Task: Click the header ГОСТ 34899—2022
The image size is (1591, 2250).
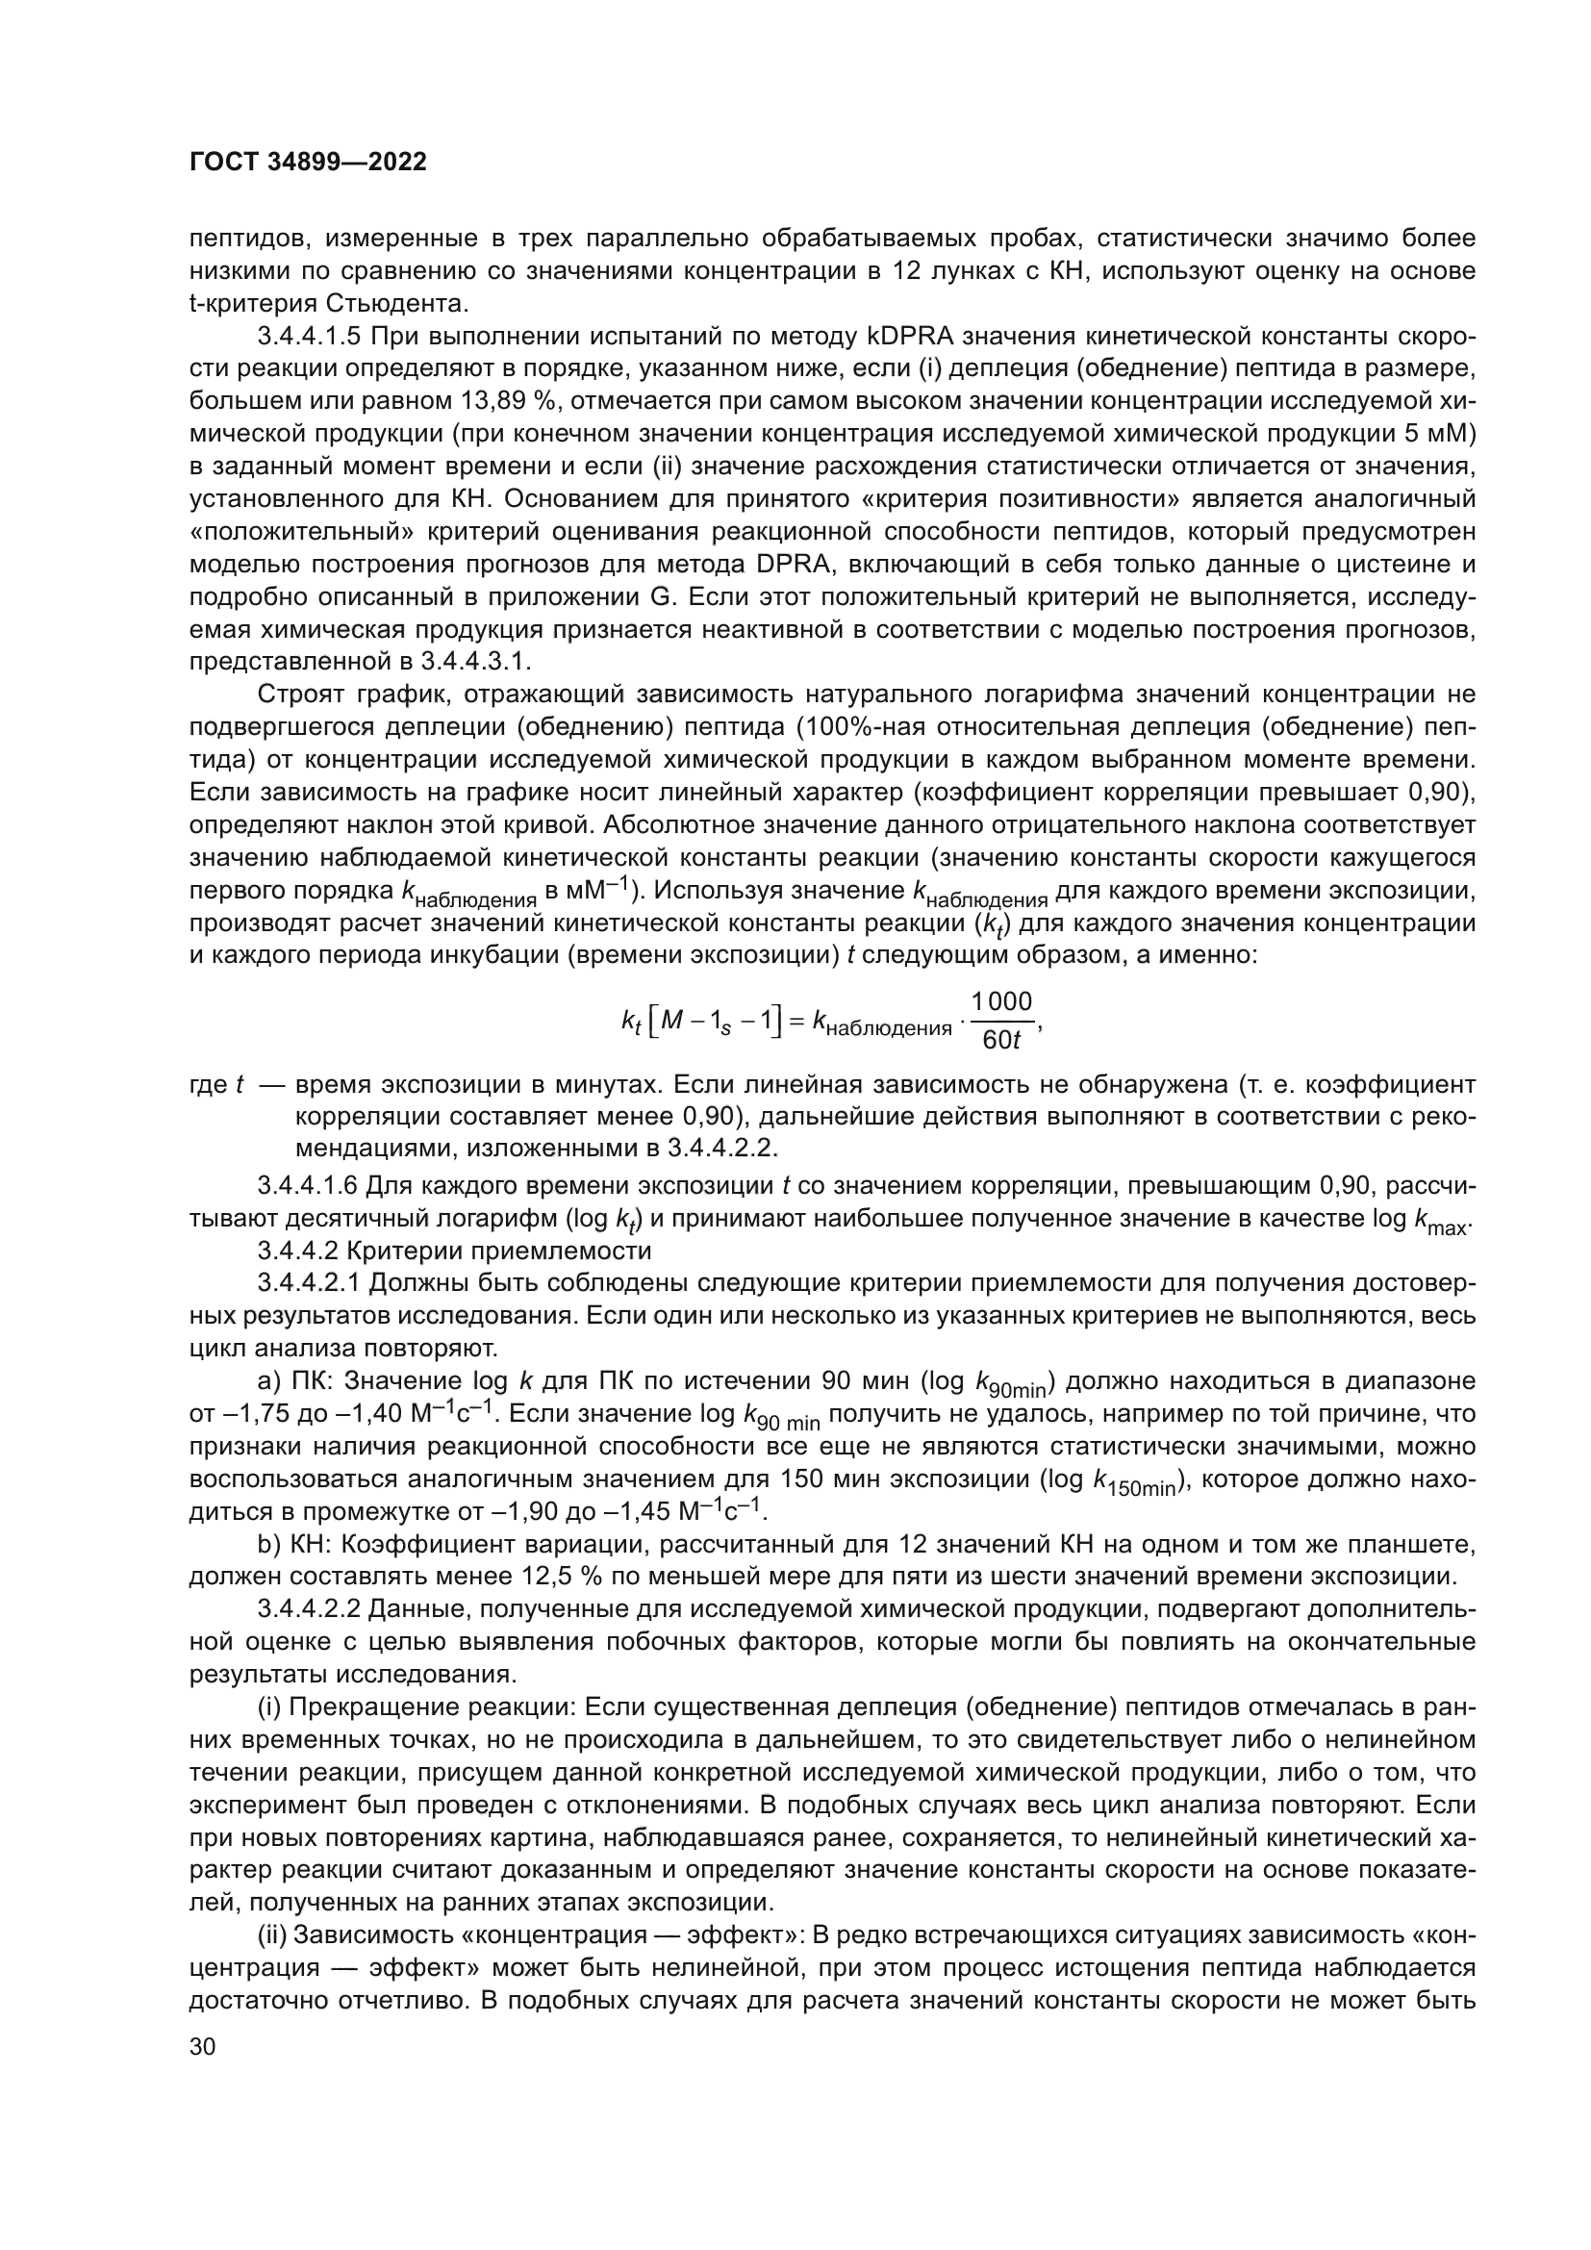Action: tap(308, 163)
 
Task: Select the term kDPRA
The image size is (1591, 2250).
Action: tap(911, 336)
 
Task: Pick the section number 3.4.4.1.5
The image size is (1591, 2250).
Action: tap(310, 336)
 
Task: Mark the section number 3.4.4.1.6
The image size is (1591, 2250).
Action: tap(310, 1187)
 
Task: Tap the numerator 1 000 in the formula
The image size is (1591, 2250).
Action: tap(1001, 1001)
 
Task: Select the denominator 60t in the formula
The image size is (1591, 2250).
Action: tap(1001, 1040)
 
